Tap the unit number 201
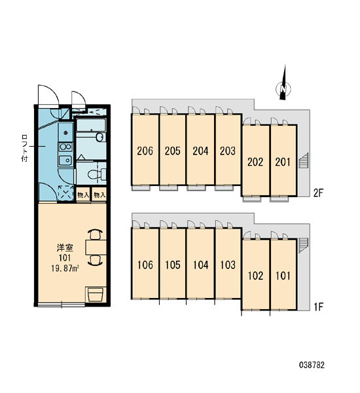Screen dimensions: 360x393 (283, 162)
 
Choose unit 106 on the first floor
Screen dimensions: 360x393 (145, 265)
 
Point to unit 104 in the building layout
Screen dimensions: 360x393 (201, 265)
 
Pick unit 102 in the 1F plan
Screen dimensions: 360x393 (255, 276)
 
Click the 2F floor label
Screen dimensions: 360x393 (318, 193)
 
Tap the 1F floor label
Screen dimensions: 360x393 (319, 307)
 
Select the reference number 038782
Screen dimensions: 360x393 (312, 365)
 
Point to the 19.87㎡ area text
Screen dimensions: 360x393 (65, 269)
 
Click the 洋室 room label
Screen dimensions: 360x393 (65, 248)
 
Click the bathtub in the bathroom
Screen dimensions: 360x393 (91, 125)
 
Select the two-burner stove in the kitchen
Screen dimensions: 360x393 (65, 147)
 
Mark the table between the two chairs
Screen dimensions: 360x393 (96, 248)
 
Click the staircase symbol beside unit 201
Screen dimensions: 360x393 (304, 160)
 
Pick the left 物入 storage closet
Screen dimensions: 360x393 (83, 195)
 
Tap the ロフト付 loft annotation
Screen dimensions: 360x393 (25, 148)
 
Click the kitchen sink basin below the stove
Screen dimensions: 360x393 (65, 160)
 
